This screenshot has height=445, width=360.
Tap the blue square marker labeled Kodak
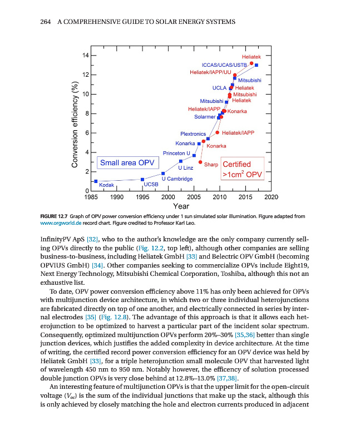click(96, 181)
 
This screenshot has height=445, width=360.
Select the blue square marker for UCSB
click(142, 179)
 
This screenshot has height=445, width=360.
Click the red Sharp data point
click(200, 162)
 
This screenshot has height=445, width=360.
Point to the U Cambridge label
click(177, 179)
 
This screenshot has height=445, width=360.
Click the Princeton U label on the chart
click(176, 153)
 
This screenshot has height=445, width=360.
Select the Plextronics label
click(193, 134)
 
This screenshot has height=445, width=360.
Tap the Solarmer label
click(205, 117)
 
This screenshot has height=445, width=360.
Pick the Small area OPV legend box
click(128, 162)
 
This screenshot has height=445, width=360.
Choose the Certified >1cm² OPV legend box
click(242, 169)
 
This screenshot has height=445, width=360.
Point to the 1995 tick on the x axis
click(142, 191)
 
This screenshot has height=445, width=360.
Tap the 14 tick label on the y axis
click(85, 56)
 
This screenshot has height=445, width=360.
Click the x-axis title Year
click(181, 206)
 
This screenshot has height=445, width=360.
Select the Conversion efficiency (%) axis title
click(75, 123)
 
